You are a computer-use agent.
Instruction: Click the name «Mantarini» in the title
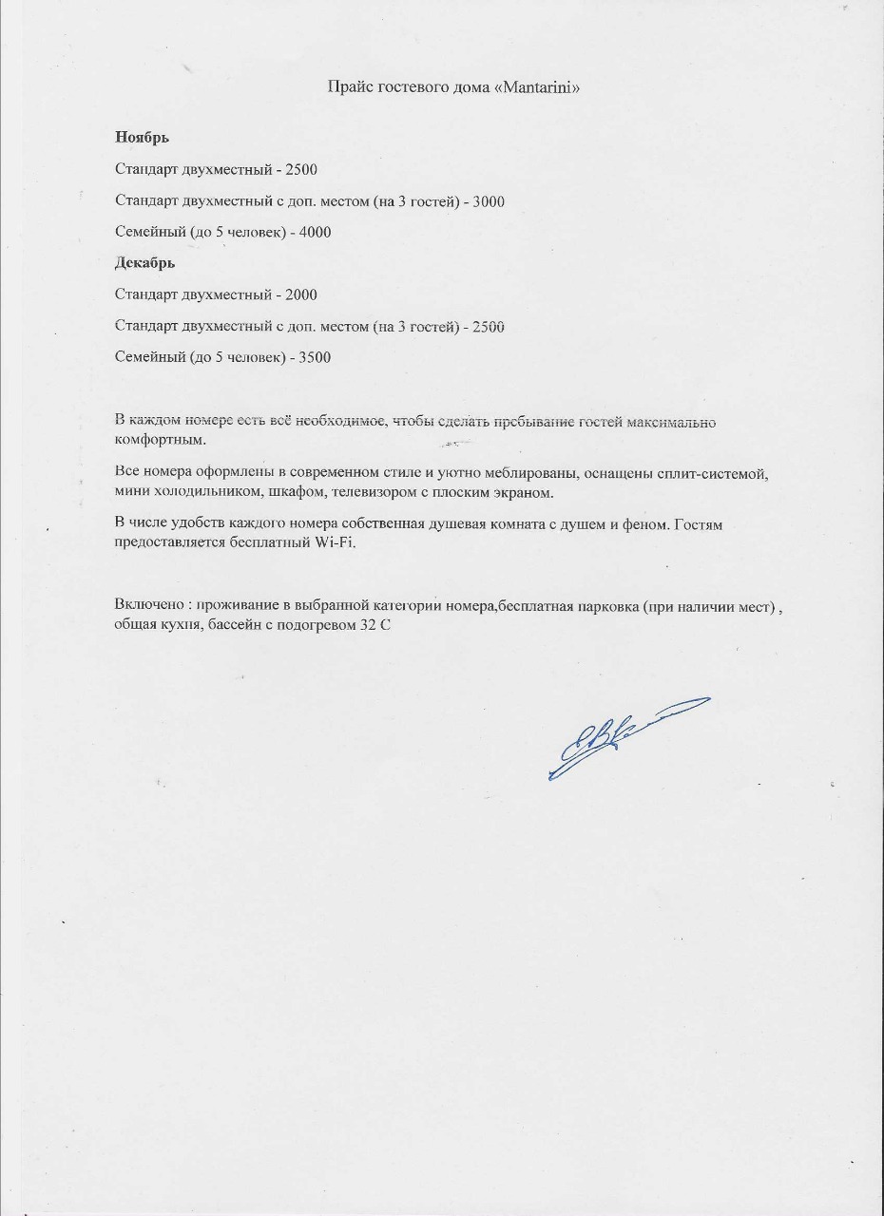coord(537,87)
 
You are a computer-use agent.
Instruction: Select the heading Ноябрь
coord(143,138)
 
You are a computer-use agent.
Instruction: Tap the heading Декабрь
coord(145,263)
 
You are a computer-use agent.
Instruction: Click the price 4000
coord(315,232)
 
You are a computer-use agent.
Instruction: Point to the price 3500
coord(315,358)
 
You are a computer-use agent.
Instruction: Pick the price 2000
coord(300,295)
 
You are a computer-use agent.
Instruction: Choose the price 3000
coord(488,201)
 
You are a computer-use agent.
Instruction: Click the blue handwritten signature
coord(618,736)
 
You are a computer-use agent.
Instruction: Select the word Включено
coord(146,606)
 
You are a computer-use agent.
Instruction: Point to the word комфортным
coord(160,441)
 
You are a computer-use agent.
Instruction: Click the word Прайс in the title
coord(348,87)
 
